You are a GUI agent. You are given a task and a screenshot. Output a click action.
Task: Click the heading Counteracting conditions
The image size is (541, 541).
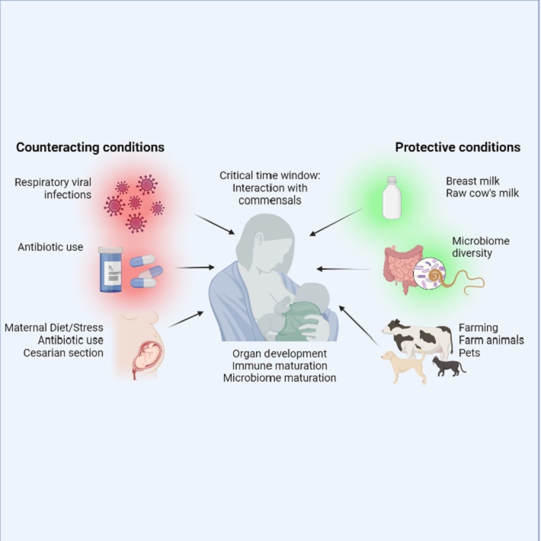click(x=90, y=147)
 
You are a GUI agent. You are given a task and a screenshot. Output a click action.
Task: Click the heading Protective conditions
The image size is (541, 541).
click(x=457, y=147)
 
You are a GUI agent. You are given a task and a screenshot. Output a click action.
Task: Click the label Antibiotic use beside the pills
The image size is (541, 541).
click(x=50, y=247)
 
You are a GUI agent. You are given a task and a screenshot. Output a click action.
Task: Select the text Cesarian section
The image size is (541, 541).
click(x=66, y=353)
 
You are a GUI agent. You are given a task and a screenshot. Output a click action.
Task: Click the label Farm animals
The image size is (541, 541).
click(x=491, y=340)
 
